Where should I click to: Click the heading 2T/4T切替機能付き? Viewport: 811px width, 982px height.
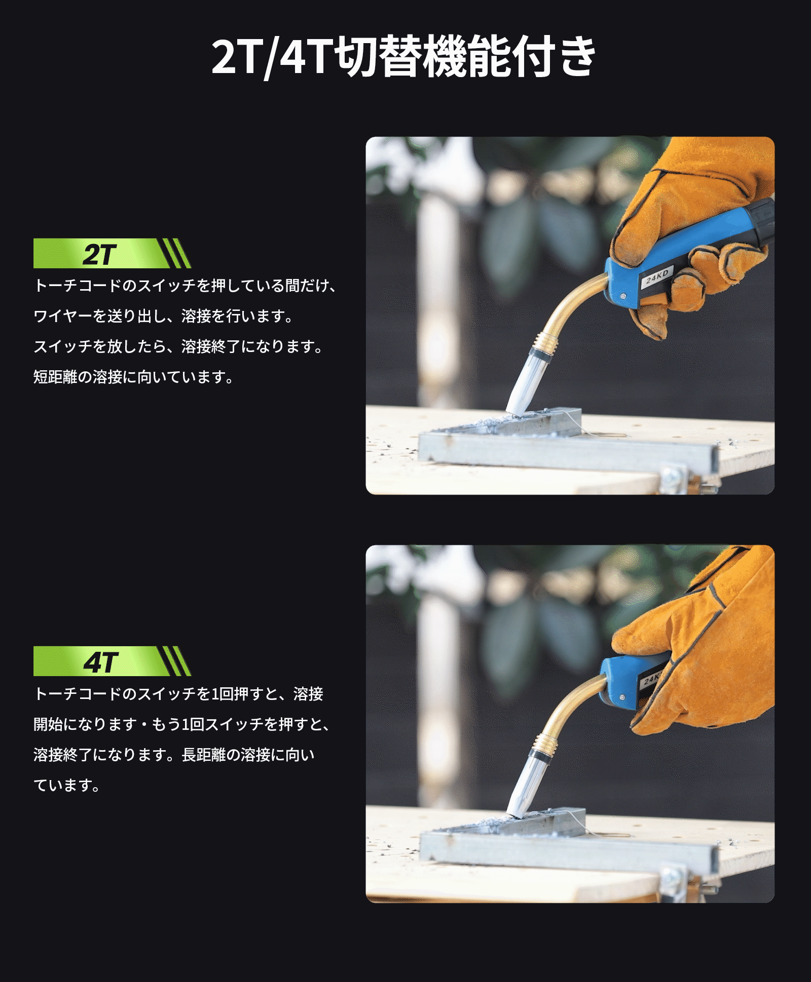pos(403,57)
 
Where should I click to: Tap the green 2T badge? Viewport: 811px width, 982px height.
pos(112,253)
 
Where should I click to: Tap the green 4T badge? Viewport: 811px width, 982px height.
pos(112,661)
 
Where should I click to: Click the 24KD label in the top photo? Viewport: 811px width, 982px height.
pos(657,277)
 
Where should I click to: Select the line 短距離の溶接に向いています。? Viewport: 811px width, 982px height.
pos(134,377)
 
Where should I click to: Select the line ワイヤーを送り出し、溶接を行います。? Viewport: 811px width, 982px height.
pos(164,316)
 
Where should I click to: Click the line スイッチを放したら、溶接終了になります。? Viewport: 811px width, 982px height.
pos(178,346)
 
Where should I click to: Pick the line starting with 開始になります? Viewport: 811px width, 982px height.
pos(182,724)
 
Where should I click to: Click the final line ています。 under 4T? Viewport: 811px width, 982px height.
pos(67,785)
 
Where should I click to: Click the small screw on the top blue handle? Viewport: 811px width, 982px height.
pos(622,296)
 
